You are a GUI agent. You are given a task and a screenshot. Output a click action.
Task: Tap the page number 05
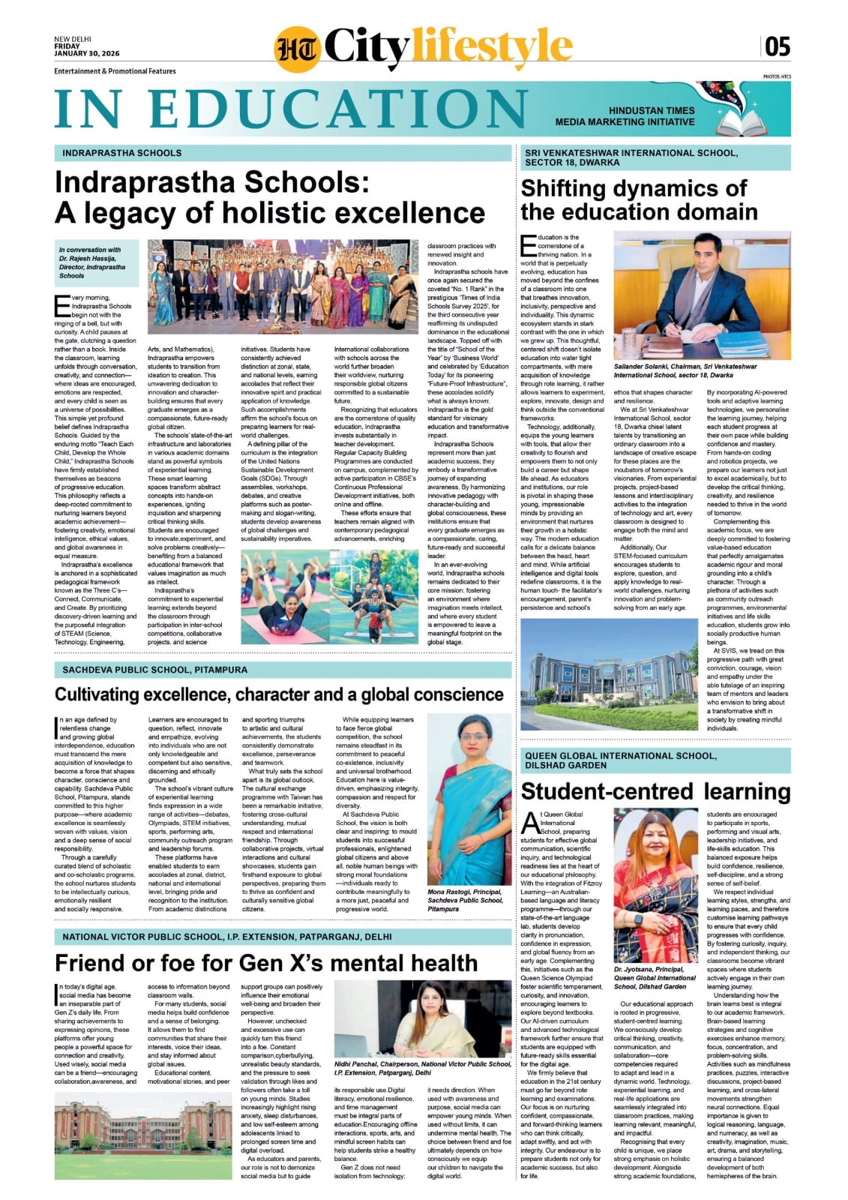tap(778, 47)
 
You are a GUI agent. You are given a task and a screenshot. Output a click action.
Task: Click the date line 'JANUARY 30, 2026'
tap(87, 54)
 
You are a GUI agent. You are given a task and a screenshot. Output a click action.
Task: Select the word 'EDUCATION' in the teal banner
tap(341, 108)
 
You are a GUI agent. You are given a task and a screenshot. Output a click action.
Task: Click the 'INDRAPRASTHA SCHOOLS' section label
tap(122, 153)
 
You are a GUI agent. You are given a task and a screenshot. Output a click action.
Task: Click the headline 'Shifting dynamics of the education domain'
tap(639, 199)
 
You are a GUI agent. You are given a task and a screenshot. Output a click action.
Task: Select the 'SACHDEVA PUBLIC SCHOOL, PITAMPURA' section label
tap(155, 670)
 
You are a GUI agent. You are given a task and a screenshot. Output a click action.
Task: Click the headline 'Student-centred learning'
tap(655, 792)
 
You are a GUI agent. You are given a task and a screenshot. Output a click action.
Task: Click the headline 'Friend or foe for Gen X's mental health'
tap(266, 963)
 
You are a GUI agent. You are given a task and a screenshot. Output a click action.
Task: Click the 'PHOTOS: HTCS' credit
tap(777, 76)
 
